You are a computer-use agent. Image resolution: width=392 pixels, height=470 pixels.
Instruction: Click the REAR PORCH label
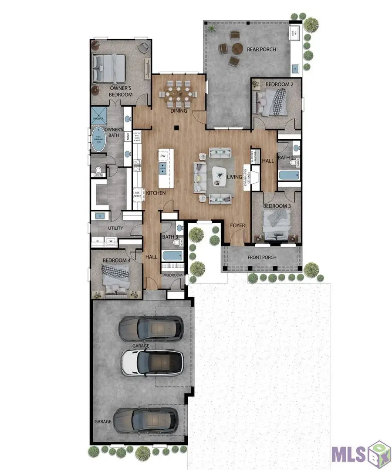(x=261, y=49)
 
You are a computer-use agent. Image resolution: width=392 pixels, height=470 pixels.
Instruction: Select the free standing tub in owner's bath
(x=98, y=139)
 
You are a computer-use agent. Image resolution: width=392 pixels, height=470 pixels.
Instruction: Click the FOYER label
(x=238, y=225)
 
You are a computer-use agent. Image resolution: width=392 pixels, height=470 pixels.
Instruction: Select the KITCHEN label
(x=155, y=193)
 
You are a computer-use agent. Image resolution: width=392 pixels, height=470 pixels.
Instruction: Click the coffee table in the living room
(x=220, y=175)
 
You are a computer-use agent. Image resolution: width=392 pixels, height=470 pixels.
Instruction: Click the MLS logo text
(x=348, y=453)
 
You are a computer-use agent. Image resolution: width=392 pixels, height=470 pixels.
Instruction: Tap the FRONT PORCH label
(x=262, y=257)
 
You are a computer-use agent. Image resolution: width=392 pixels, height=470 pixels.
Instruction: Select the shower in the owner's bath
(x=98, y=115)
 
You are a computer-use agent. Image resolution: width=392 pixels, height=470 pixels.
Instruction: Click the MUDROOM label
(x=172, y=275)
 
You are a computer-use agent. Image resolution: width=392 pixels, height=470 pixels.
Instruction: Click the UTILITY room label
(x=115, y=228)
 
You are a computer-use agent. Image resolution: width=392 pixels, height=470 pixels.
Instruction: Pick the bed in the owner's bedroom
(x=109, y=68)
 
